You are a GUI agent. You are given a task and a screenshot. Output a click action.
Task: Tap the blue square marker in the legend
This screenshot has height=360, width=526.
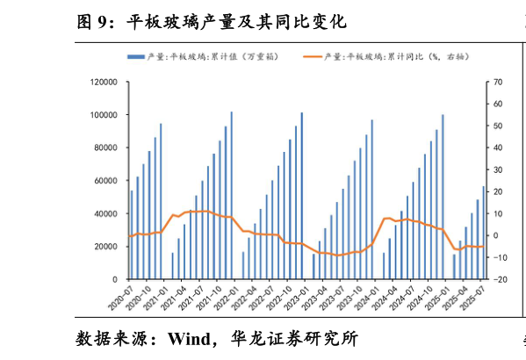click(134, 57)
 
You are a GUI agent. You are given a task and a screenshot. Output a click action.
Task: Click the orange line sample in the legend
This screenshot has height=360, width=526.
click(314, 57)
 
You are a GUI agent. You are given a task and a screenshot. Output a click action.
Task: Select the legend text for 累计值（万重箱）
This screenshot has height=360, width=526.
click(213, 57)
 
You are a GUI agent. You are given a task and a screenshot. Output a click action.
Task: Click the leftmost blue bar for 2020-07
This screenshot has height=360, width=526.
click(132, 234)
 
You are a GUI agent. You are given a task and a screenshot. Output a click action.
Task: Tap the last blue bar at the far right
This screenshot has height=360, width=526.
click(483, 233)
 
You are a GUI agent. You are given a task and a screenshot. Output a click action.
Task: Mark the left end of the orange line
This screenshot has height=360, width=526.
click(129, 235)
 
